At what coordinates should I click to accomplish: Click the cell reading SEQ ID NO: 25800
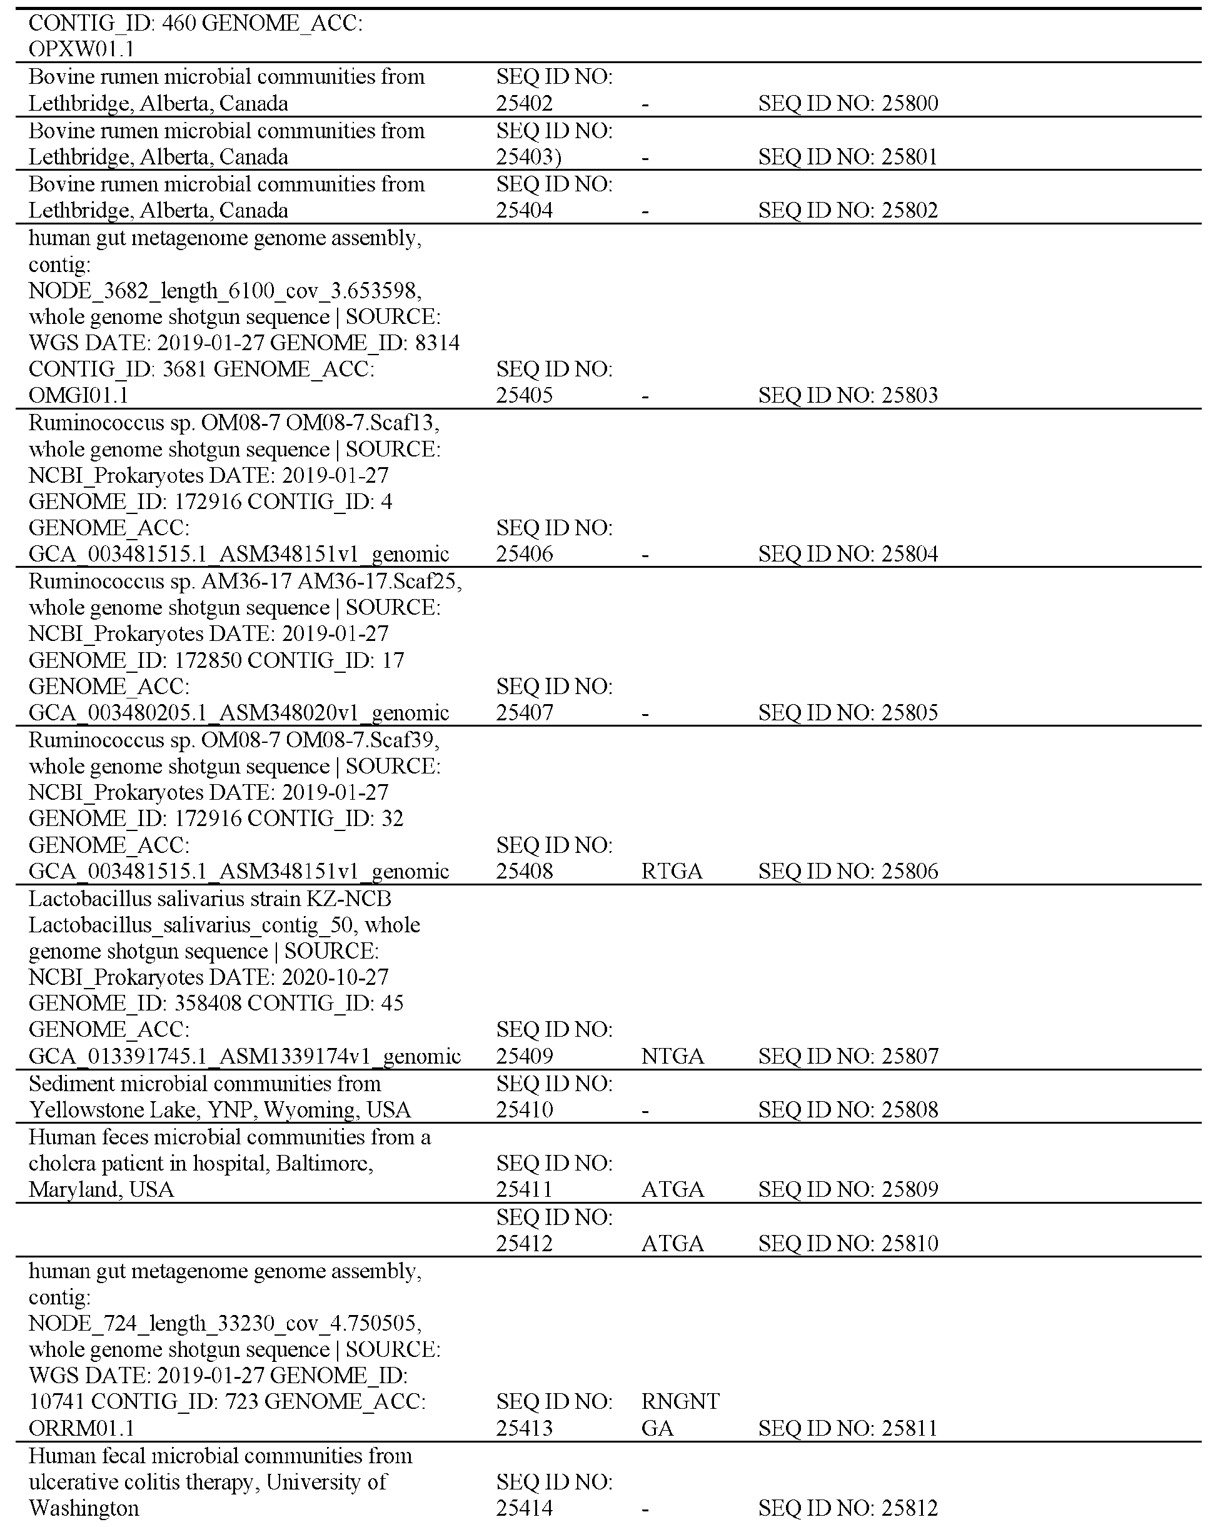tap(847, 104)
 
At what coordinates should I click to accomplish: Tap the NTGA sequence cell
tap(672, 1056)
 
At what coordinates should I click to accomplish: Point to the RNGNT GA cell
tap(680, 1414)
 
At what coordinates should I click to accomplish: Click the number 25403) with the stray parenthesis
tap(528, 157)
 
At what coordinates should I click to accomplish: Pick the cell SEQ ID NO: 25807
tap(847, 1056)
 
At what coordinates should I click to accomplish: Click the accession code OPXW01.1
tap(81, 49)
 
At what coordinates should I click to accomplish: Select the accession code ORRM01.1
tap(81, 1428)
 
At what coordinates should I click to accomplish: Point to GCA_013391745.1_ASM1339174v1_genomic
tap(244, 1056)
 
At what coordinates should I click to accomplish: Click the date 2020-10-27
tap(335, 977)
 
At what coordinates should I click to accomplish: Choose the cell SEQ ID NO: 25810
tap(847, 1243)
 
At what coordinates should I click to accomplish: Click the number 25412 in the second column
tap(524, 1243)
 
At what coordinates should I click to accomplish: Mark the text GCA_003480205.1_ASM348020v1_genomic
tap(238, 712)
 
